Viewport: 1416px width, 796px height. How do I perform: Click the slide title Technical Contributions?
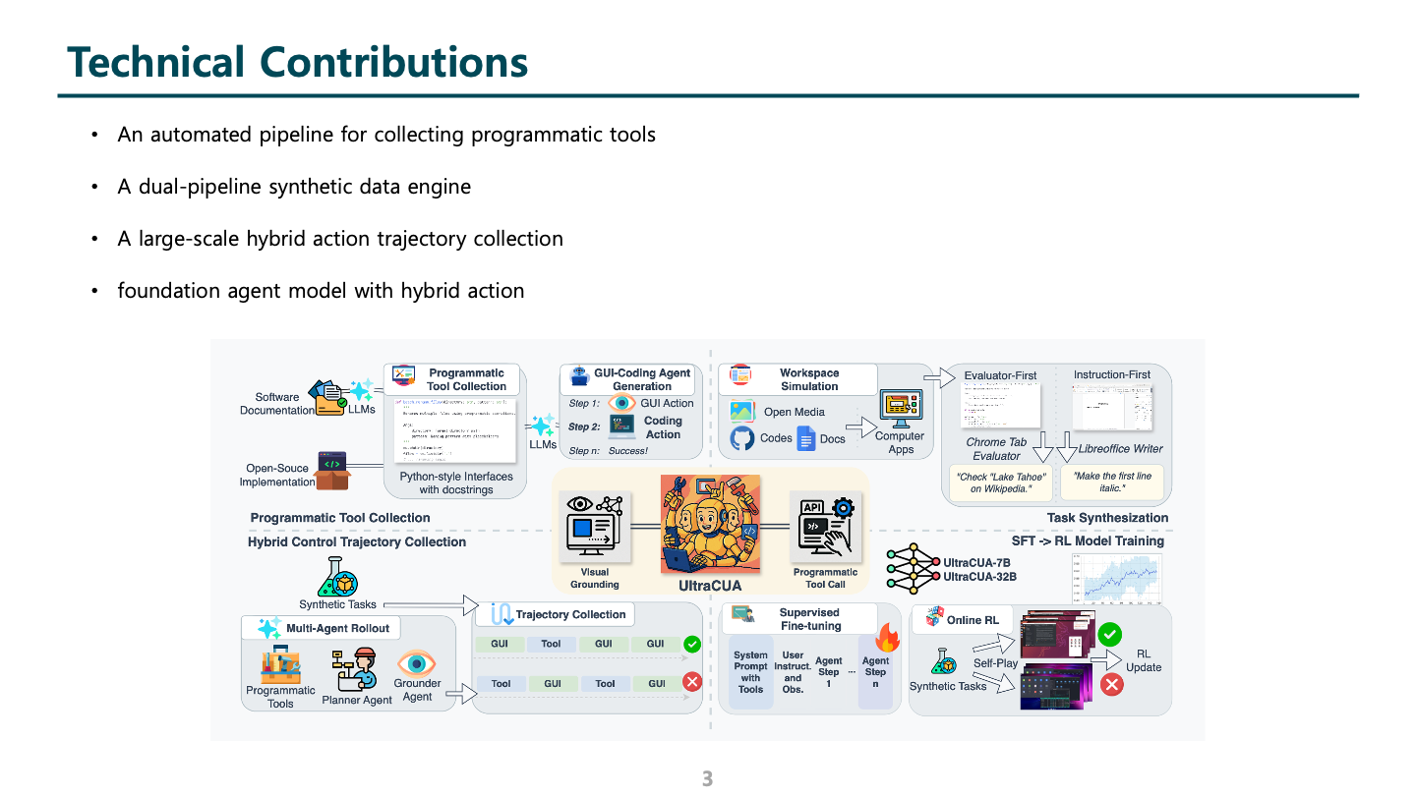298,62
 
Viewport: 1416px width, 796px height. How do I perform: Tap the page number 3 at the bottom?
707,779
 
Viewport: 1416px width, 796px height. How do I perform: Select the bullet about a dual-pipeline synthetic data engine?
294,187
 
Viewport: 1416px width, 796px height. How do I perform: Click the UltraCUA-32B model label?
979,577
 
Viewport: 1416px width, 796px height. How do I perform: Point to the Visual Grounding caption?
595,578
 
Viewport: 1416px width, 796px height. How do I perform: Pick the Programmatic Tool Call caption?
825,578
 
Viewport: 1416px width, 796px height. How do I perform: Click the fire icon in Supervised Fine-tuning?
888,638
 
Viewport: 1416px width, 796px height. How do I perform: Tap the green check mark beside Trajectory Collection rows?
691,645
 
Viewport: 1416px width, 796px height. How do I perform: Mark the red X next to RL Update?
1112,684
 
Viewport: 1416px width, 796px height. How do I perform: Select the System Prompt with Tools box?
750,672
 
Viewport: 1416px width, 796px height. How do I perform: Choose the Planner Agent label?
357,701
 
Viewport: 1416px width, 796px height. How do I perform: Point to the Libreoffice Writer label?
1120,449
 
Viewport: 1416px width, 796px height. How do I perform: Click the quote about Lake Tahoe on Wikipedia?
1001,483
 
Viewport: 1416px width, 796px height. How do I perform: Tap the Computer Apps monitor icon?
900,407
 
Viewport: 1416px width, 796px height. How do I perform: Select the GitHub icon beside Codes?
742,438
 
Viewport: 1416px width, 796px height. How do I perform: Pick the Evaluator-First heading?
1000,375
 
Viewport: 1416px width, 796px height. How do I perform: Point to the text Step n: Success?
609,451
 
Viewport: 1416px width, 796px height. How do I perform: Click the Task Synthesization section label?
1107,518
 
